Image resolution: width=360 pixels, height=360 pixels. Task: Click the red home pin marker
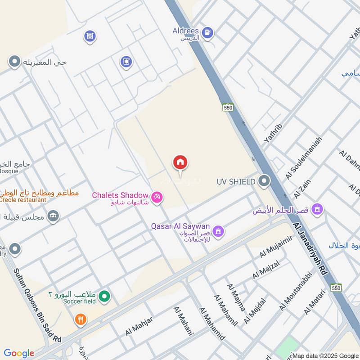[x=180, y=163]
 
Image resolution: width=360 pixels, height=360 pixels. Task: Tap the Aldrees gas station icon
[x=207, y=32]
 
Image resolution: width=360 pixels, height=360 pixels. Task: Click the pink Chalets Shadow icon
[x=157, y=197]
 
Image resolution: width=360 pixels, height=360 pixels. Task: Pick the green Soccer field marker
[x=104, y=296]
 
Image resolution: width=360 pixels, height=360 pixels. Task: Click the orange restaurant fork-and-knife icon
[x=81, y=319]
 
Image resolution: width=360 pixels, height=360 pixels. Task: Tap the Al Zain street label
[x=303, y=189]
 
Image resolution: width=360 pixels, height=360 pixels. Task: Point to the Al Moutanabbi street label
[x=296, y=291]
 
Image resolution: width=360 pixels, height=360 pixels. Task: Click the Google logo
[x=19, y=353]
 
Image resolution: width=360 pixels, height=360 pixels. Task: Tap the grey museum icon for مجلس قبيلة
[x=53, y=216]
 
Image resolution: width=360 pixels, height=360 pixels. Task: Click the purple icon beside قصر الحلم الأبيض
[x=318, y=209]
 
